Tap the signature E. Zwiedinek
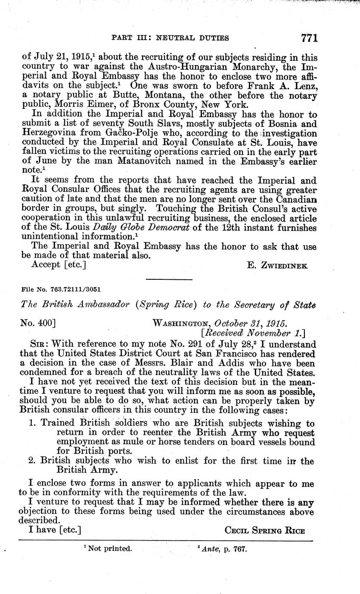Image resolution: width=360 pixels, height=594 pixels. pyautogui.click(x=278, y=266)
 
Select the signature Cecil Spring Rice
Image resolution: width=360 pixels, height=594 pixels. pyautogui.click(x=265, y=530)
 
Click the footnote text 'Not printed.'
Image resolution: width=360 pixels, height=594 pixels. pyautogui.click(x=110, y=548)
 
